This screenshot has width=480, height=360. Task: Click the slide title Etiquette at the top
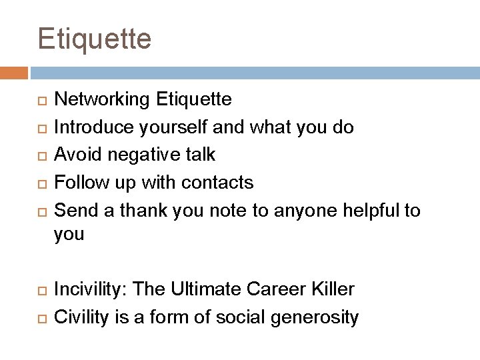pos(95,39)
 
